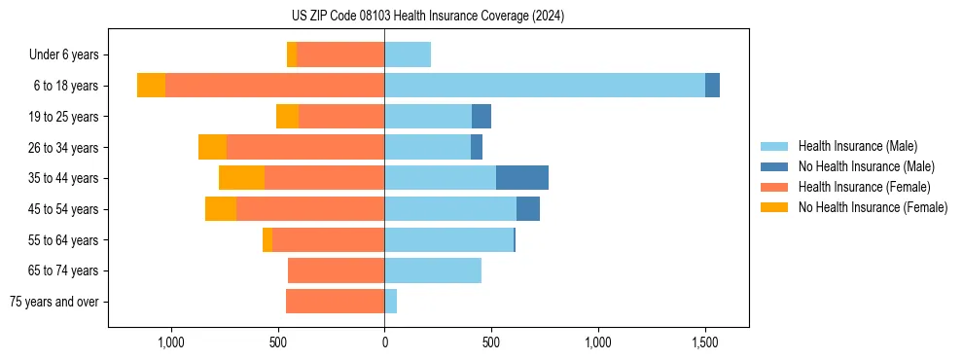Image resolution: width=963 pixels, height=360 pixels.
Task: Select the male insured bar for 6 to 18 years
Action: point(545,86)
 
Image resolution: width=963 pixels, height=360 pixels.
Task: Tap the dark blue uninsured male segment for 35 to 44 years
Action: point(522,178)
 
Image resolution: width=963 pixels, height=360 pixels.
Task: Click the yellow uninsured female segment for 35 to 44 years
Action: point(241,178)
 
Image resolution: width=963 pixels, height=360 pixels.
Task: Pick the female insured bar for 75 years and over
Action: point(336,302)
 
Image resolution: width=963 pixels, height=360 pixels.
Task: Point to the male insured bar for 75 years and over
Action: point(391,302)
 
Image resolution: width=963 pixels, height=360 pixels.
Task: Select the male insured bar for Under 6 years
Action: point(408,54)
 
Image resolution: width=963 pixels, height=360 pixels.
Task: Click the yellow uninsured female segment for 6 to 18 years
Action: point(151,86)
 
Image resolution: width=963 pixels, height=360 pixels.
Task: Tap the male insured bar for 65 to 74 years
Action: point(433,270)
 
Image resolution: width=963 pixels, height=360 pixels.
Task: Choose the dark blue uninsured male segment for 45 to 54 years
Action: point(528,209)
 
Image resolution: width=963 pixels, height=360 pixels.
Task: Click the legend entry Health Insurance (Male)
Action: point(857,146)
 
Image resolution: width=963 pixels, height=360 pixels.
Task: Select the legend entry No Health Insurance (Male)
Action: point(866,166)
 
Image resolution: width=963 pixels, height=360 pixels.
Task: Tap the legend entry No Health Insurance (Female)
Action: point(873,207)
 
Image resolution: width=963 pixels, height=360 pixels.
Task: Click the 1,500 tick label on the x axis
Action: point(705,342)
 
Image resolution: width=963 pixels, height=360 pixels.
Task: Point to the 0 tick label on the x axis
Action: point(384,342)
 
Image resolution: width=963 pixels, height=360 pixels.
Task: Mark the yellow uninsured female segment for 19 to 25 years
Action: point(287,117)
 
